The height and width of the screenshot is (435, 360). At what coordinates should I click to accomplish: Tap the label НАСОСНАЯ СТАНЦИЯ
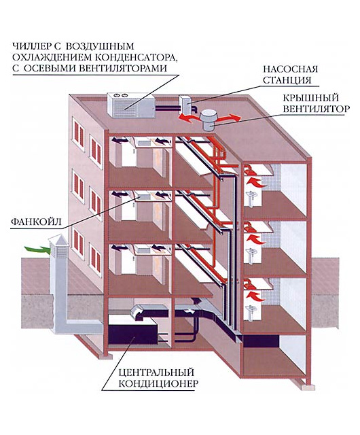[x=291, y=75]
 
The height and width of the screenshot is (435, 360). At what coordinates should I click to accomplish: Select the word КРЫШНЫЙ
[x=311, y=98]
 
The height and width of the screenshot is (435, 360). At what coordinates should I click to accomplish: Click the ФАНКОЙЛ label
[x=36, y=222]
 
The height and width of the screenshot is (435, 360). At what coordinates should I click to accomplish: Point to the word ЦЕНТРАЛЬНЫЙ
[x=156, y=372]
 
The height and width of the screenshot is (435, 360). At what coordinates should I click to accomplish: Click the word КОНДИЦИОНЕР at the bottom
[x=158, y=383]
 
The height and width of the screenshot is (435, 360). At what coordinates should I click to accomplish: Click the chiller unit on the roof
[x=131, y=105]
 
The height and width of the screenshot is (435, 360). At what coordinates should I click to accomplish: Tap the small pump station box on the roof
[x=185, y=104]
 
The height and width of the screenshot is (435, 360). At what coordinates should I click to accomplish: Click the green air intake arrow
[x=37, y=249]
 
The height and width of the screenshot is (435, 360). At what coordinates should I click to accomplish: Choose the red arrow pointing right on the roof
[x=230, y=118]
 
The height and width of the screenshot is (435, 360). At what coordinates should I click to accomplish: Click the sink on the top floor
[x=251, y=197]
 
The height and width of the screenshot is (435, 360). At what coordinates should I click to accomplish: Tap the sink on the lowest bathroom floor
[x=251, y=311]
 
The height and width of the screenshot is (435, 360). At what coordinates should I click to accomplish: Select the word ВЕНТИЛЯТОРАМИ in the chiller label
[x=124, y=68]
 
